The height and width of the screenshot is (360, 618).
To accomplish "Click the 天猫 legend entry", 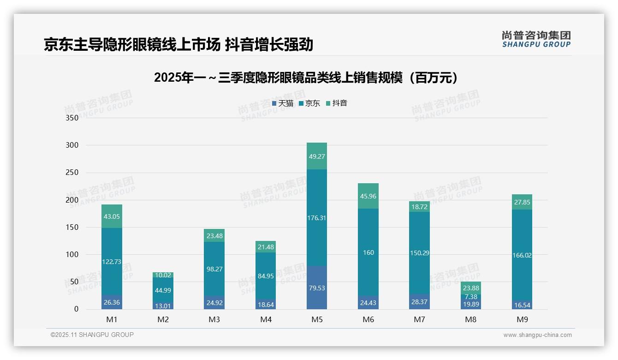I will point(283,103).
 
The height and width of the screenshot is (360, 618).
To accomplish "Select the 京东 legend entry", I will point(309,103).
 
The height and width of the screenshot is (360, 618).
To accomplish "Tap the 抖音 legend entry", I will point(337,103).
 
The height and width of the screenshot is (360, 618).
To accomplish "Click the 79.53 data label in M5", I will point(316,288).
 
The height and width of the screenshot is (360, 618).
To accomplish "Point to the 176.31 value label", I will point(316,218).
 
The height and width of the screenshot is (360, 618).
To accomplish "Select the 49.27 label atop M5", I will point(316,156).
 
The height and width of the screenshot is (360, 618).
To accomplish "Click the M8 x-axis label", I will point(470,319).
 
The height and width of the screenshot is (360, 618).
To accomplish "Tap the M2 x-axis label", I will point(163,319).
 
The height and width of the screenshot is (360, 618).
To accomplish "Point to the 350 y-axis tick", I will point(72,118).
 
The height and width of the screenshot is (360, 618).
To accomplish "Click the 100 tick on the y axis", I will point(72,254).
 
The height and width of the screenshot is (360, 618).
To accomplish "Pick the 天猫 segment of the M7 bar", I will point(419,301).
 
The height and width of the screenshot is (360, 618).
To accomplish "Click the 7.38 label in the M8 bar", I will point(471,297).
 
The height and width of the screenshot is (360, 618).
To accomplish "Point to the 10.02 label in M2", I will point(163,276).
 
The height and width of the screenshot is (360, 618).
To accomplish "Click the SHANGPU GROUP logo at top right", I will point(536,39).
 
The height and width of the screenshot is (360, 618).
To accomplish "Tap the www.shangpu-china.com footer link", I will point(537,335).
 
